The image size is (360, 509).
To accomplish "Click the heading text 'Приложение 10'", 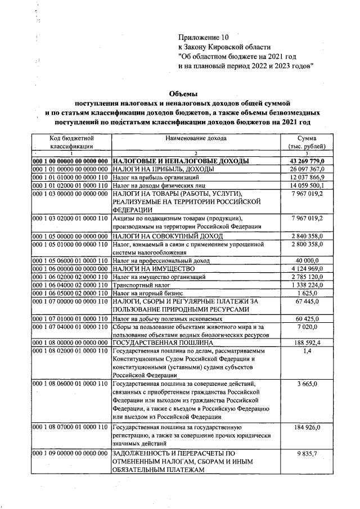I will coord(203,37).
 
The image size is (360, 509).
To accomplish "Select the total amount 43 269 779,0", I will coord(307,161).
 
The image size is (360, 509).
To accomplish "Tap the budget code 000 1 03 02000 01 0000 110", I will coord(71,218).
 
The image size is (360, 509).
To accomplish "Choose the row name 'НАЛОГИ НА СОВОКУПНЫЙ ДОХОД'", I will coord(168,236).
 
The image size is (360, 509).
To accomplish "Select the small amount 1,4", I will coord(308,350).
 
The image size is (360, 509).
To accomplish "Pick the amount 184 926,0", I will coord(308,427).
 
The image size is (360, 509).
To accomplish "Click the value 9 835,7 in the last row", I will coord(308,453).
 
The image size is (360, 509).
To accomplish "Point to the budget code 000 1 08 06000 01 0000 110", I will coord(71,384).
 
